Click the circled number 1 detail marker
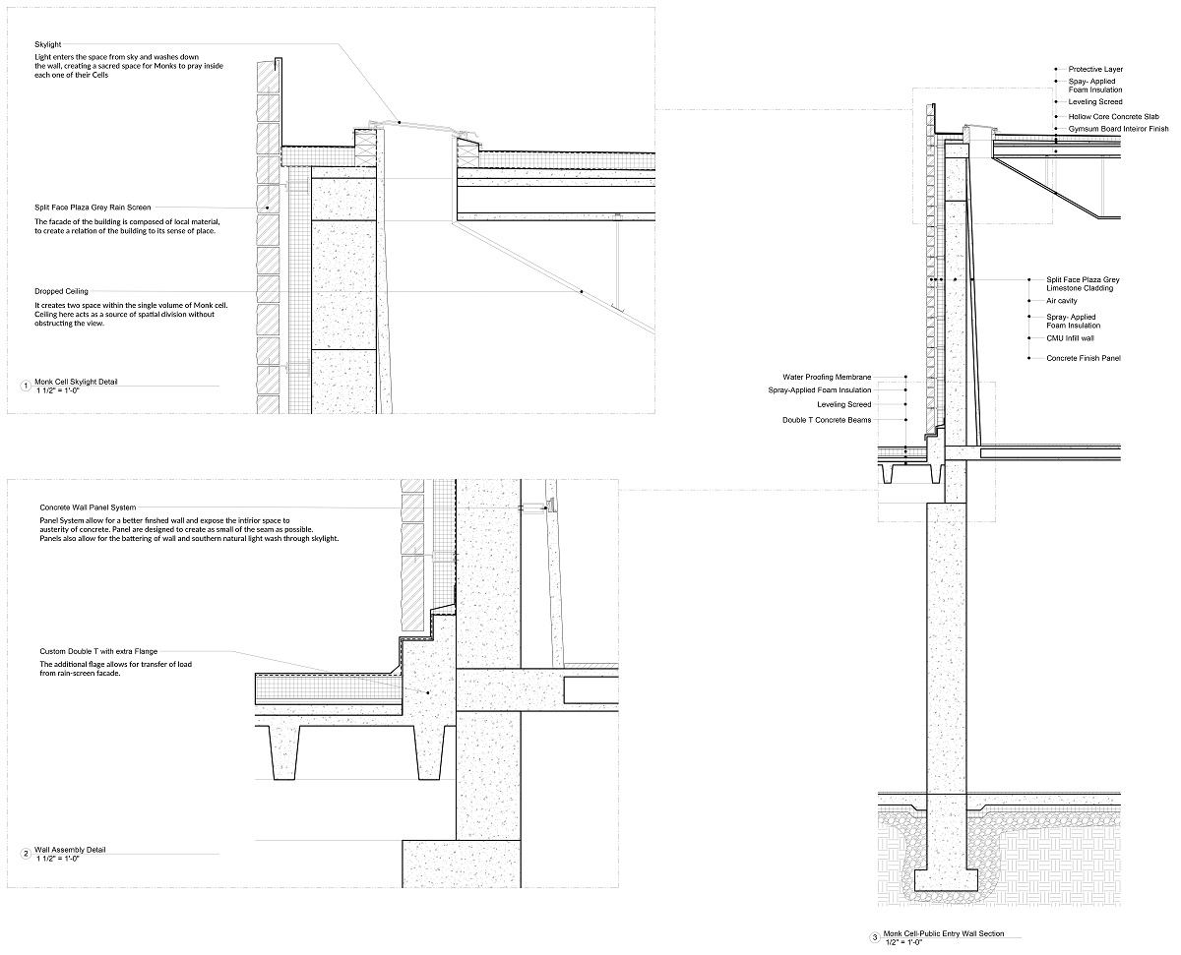coord(26,386)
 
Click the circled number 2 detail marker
coord(26,854)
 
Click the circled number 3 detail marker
coord(875,938)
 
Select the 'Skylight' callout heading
coord(48,44)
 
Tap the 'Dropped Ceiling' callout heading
coord(61,291)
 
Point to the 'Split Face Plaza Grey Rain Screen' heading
coord(93,208)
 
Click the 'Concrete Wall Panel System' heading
coord(88,507)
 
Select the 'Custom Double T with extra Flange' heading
coord(98,651)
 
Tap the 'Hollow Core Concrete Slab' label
coord(1114,117)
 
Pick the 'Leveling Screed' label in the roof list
coord(1095,102)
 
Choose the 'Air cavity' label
coord(1062,301)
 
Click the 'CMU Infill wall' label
coord(1070,338)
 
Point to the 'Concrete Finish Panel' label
coord(1084,358)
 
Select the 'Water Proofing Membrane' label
coord(827,378)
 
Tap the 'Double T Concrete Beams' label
coord(827,420)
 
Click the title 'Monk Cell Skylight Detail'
coord(76,382)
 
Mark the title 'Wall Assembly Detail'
coord(70,849)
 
